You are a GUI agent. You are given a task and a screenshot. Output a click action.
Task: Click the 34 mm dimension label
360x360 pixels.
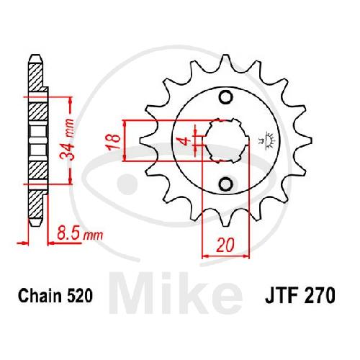pos(67,138)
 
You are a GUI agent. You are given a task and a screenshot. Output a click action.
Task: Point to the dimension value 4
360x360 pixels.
pos(186,142)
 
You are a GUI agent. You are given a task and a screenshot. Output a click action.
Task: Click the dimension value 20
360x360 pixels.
pos(225,246)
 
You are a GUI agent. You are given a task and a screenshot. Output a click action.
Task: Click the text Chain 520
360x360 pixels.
pos(55,296)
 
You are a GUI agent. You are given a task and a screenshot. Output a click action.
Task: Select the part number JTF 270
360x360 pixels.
pos(300,296)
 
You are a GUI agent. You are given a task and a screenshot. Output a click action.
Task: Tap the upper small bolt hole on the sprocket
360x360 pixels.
pos(226,97)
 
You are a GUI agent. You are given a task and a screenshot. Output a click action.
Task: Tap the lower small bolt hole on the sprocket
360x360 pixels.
pos(226,184)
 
